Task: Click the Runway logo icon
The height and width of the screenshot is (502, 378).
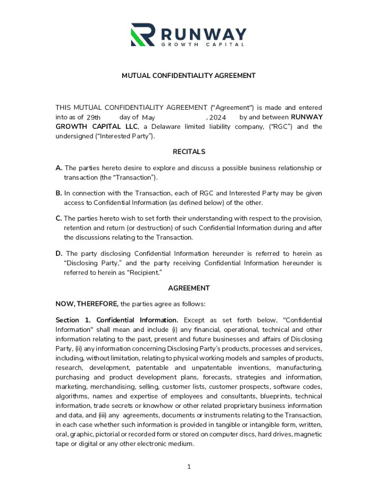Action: (x=142, y=34)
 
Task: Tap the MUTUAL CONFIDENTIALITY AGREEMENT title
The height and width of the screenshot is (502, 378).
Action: (x=189, y=75)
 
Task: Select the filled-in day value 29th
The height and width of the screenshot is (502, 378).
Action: (x=93, y=118)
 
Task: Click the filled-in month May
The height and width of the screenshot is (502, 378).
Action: (x=148, y=118)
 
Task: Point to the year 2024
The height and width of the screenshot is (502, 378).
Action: (x=217, y=118)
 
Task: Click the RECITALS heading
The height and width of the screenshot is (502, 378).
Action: (x=189, y=152)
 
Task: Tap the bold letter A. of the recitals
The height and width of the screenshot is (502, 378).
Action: (x=59, y=168)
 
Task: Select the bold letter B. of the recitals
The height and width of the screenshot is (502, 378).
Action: (x=59, y=194)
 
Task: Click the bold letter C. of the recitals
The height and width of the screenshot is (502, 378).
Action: (x=59, y=219)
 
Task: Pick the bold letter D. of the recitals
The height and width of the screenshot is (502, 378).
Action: (x=59, y=253)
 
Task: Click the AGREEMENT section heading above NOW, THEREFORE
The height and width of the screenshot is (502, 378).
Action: (x=189, y=288)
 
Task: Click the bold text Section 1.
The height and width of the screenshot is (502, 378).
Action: (x=73, y=320)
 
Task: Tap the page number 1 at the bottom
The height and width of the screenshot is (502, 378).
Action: (x=189, y=467)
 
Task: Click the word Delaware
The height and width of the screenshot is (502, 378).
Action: (x=166, y=127)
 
